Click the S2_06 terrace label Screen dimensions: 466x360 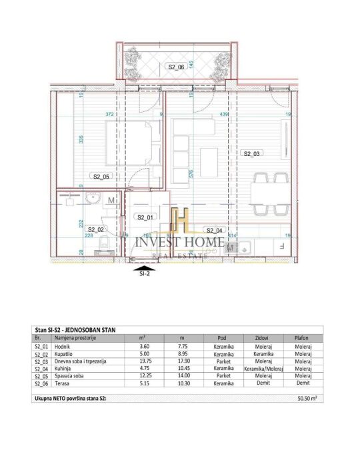pyautogui.click(x=176, y=67)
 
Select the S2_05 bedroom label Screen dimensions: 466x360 pyautogui.click(x=101, y=177)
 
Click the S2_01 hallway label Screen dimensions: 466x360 pyautogui.click(x=144, y=217)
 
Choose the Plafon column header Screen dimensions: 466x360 pyautogui.click(x=301, y=339)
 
